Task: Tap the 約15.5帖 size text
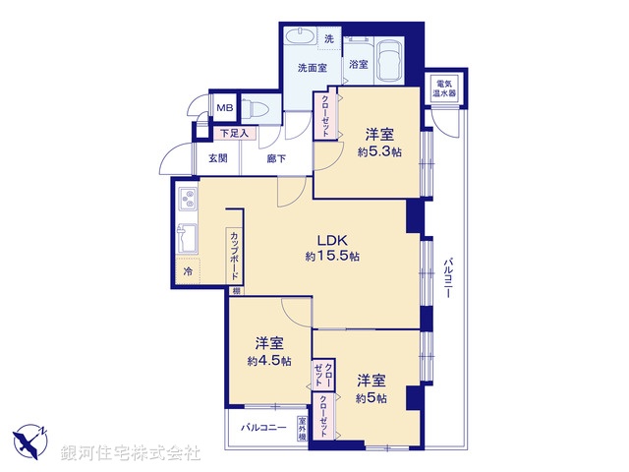click(x=331, y=256)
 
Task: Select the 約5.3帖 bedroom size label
click(x=381, y=151)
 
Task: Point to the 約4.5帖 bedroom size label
click(x=269, y=361)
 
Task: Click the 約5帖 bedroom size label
click(x=371, y=397)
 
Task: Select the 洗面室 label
click(x=314, y=68)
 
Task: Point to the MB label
click(x=224, y=107)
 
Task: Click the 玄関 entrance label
click(x=217, y=158)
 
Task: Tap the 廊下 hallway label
click(x=276, y=158)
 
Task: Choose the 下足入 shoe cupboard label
click(x=233, y=133)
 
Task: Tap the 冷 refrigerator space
click(x=186, y=270)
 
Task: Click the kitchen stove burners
click(x=185, y=203)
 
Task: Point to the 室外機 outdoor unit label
click(x=303, y=429)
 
